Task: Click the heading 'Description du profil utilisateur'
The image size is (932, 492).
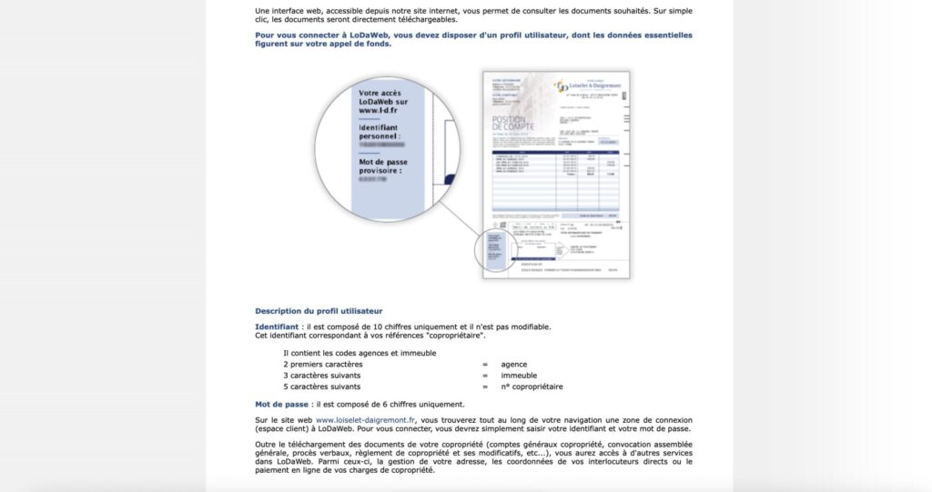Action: coord(319,310)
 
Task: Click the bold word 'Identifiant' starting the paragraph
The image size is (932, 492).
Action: coord(275,326)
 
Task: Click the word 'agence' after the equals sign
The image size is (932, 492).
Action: coord(513,364)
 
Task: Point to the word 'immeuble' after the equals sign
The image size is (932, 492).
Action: coord(519,375)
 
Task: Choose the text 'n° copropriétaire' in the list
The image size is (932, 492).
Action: coord(532,387)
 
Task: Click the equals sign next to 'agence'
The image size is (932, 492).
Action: coord(485,364)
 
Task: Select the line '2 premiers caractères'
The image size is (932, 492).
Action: coord(323,364)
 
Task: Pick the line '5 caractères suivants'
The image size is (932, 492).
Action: coord(323,387)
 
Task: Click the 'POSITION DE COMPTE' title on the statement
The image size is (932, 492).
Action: coord(515,125)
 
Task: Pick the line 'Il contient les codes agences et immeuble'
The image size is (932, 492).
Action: coord(360,353)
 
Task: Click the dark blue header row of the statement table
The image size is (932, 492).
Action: coord(555,154)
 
